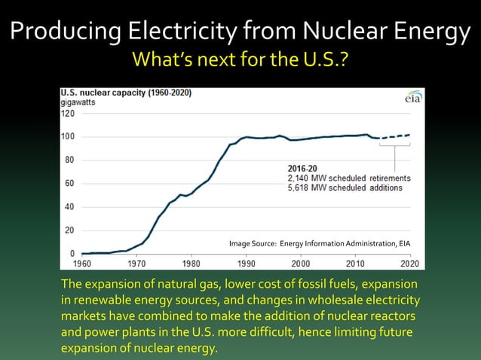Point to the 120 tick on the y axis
point(67,113)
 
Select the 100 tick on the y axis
point(67,136)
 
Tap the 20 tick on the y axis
point(69,230)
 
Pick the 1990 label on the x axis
point(246,264)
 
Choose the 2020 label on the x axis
point(410,264)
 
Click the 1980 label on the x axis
point(191,264)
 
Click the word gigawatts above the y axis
point(78,102)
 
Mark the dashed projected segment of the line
point(397,136)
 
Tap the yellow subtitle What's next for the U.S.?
point(240,59)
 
